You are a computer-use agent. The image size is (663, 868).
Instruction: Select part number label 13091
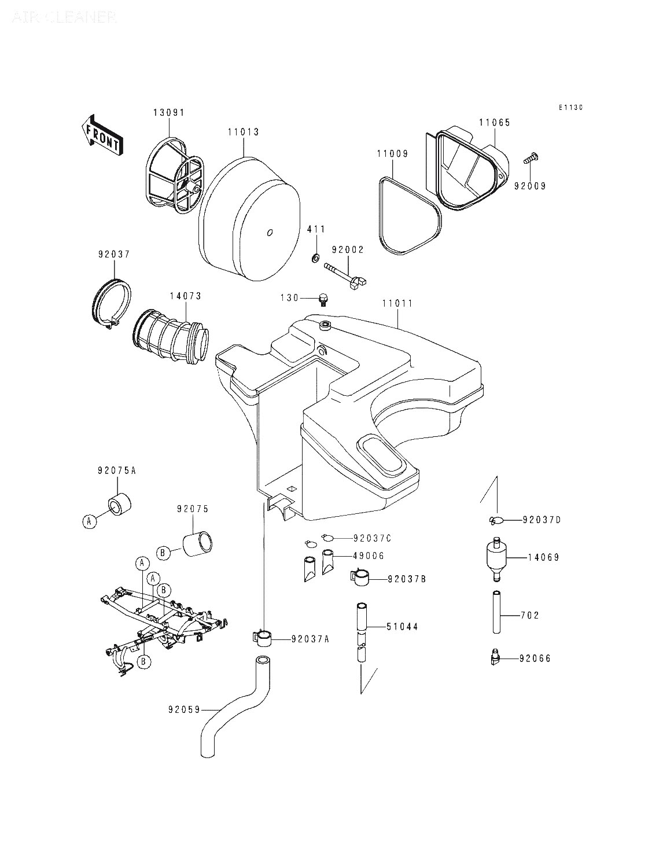(168, 112)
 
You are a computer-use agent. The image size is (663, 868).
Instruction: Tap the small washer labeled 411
(315, 257)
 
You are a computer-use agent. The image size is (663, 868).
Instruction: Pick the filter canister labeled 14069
(495, 558)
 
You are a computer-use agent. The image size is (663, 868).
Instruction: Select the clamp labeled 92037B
(361, 578)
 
